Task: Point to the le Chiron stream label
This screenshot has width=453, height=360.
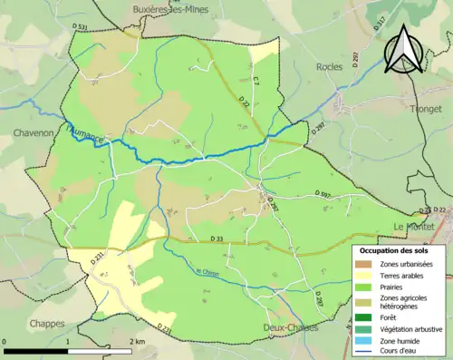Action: (x=208, y=270)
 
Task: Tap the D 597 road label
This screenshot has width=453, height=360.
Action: (x=323, y=193)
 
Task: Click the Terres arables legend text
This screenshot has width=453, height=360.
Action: (x=403, y=276)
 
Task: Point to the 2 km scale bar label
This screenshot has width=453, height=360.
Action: (x=135, y=341)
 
